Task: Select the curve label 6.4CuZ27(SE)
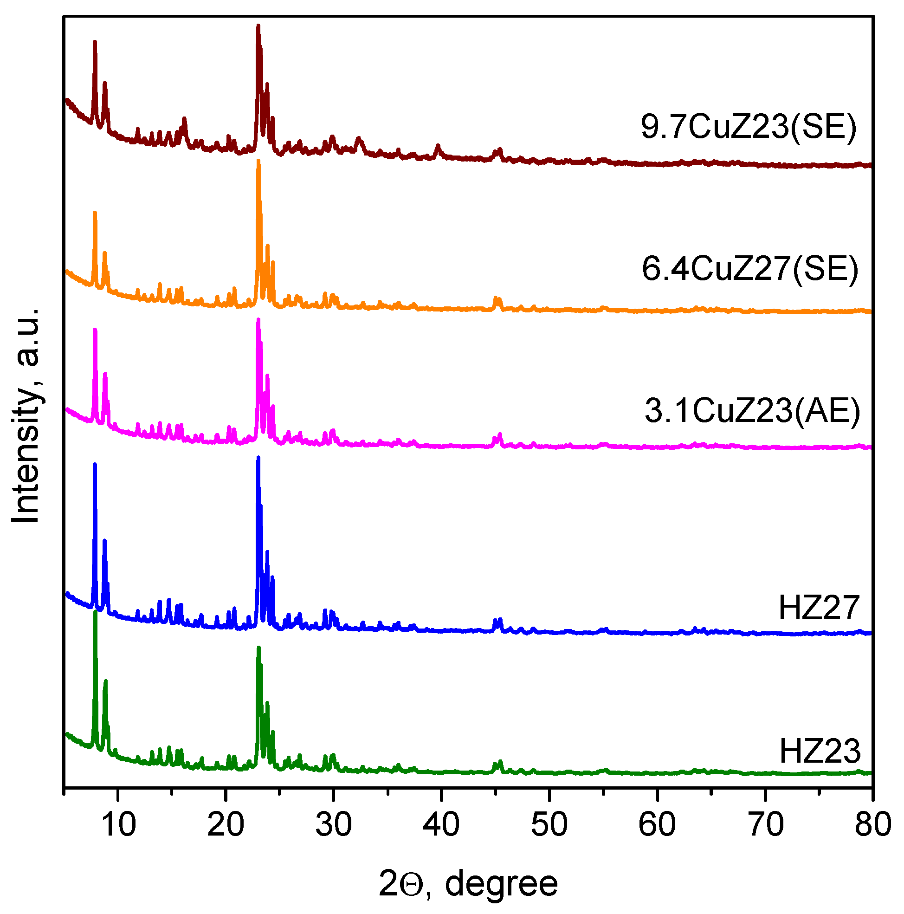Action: point(750,269)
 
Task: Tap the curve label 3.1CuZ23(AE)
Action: point(752,410)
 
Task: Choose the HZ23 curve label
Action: point(820,751)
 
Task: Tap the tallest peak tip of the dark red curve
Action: point(258,26)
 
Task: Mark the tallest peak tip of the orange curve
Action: point(258,161)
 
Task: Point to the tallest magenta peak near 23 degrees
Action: point(258,320)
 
